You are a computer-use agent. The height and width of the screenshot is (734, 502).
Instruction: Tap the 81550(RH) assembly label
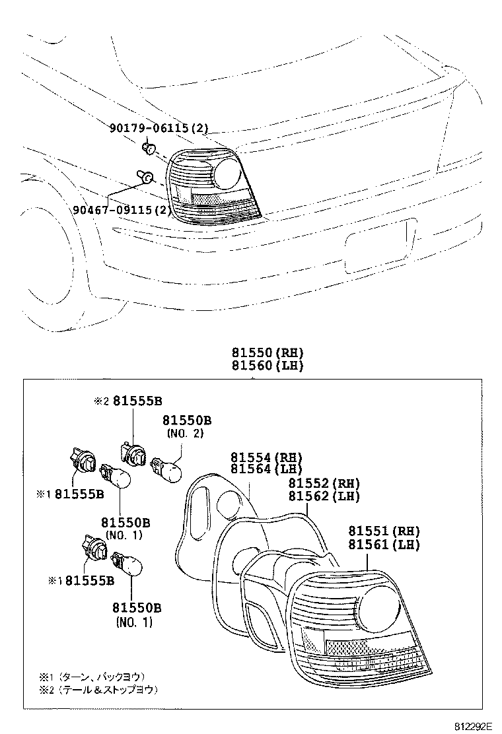pos(267,352)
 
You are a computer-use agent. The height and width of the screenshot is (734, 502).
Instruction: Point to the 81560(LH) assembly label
pos(267,365)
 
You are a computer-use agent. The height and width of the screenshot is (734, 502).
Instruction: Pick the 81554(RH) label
pos(266,457)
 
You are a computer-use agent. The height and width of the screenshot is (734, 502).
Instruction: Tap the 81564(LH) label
pos(266,469)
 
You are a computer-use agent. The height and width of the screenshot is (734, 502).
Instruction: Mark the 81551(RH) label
pos(384,531)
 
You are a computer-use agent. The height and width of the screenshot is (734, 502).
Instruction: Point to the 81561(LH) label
pos(384,545)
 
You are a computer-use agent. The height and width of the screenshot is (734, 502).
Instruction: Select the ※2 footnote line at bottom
pos(99,689)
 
